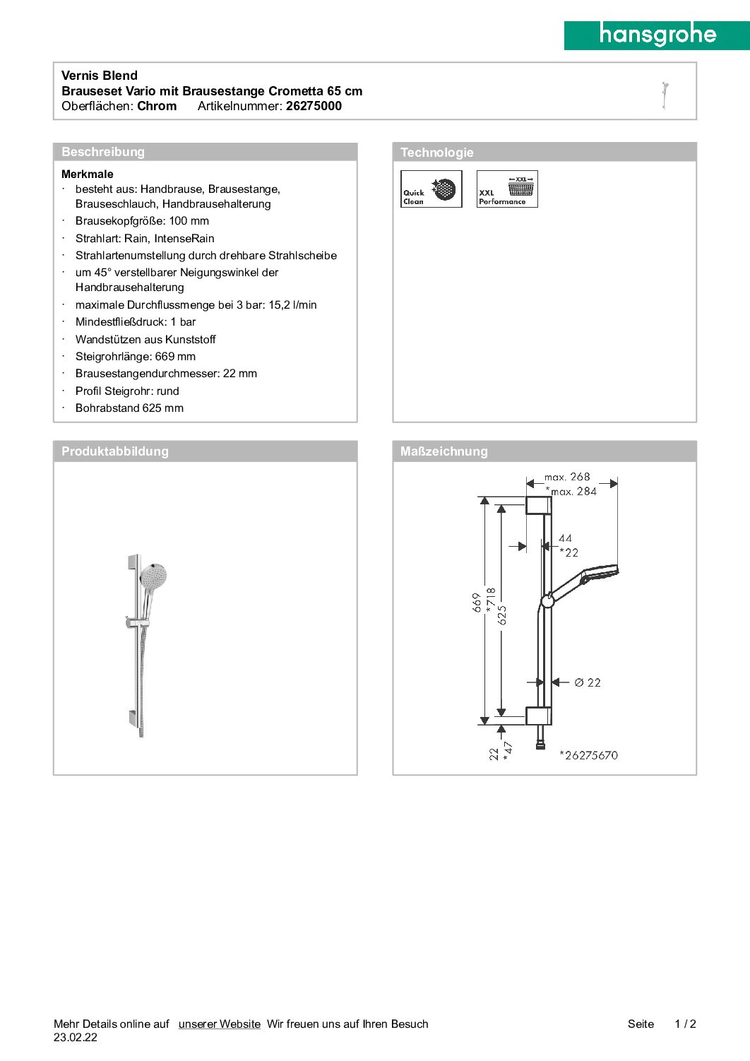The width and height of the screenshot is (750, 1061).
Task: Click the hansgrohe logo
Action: (x=657, y=35)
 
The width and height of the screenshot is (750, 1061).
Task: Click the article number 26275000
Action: (x=314, y=106)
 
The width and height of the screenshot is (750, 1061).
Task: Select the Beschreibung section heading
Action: (x=103, y=152)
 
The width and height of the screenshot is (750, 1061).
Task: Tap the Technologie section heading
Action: (x=437, y=153)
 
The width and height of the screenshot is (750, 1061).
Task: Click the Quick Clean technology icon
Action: (x=431, y=189)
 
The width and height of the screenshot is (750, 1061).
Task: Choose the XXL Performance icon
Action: (x=507, y=189)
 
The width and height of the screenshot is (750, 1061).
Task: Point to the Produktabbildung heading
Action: (x=115, y=451)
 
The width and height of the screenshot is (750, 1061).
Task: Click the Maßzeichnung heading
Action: (x=444, y=451)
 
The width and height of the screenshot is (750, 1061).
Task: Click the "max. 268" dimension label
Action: (x=566, y=477)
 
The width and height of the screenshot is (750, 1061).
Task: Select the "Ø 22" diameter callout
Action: (x=587, y=682)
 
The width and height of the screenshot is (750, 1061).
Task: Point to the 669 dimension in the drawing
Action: (x=477, y=602)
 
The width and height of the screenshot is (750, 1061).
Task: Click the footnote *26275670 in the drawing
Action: (x=588, y=755)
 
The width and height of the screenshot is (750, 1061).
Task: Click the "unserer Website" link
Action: (x=220, y=1024)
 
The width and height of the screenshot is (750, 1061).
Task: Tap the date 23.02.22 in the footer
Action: (x=76, y=1038)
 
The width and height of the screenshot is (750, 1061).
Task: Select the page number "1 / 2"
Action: (x=685, y=1024)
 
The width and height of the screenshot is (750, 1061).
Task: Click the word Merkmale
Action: (x=88, y=174)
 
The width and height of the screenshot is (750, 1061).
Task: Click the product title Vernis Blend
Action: (x=100, y=76)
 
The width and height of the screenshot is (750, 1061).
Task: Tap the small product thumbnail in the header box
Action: (x=665, y=95)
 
